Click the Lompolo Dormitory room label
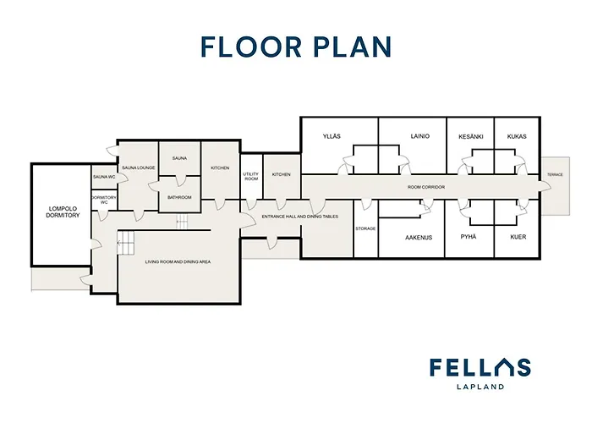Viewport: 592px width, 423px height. pos(63,211)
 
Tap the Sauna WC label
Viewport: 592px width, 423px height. pos(104,177)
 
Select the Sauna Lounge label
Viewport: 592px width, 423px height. pos(139,168)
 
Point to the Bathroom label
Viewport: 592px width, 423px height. pos(179,197)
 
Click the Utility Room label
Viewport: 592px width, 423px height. pos(251,176)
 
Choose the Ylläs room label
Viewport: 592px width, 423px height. pos(332,136)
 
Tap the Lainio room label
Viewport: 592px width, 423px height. pos(419,136)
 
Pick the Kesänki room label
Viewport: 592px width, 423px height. pos(471,136)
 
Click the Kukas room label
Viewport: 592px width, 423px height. pos(517,136)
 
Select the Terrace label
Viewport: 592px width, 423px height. pos(555,174)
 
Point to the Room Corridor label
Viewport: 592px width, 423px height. pos(426,187)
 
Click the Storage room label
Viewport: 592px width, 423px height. pos(365,228)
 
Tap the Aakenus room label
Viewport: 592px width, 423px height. pos(419,238)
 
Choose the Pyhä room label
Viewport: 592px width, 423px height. pos(469,237)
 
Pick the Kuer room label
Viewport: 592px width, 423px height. pos(518,237)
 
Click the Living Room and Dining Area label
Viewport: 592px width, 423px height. pos(178,261)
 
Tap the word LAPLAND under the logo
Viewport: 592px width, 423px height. pos(480,387)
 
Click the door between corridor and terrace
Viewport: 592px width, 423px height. pos(545,185)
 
